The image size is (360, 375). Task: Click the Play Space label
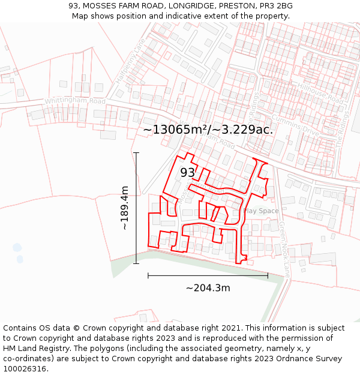click(x=262, y=211)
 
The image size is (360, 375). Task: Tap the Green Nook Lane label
click(x=284, y=249)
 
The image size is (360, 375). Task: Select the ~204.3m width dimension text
click(x=208, y=288)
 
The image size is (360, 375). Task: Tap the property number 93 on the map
click(x=187, y=172)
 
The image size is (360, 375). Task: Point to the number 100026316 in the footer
click(x=26, y=368)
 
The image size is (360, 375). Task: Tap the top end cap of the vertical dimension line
click(x=136, y=153)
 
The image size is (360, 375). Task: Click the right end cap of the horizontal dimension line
click(x=268, y=275)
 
